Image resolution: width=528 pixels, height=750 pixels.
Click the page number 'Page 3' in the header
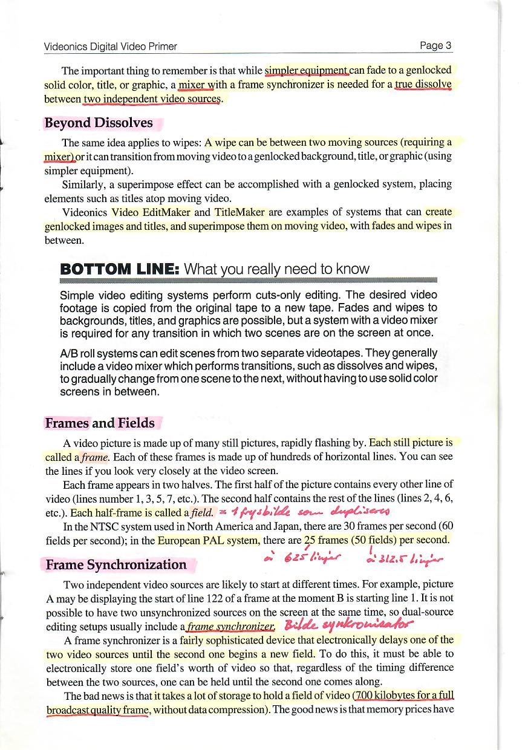point(435,46)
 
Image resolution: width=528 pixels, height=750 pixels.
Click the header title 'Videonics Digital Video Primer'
point(111,47)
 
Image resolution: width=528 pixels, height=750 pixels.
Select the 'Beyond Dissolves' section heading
point(99,123)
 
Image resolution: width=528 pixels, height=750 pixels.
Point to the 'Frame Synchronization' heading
point(116,564)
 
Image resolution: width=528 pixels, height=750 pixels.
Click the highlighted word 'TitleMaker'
point(240,213)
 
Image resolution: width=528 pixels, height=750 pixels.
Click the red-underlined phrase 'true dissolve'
point(423,85)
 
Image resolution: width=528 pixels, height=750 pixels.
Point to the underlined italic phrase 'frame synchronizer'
point(229,627)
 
